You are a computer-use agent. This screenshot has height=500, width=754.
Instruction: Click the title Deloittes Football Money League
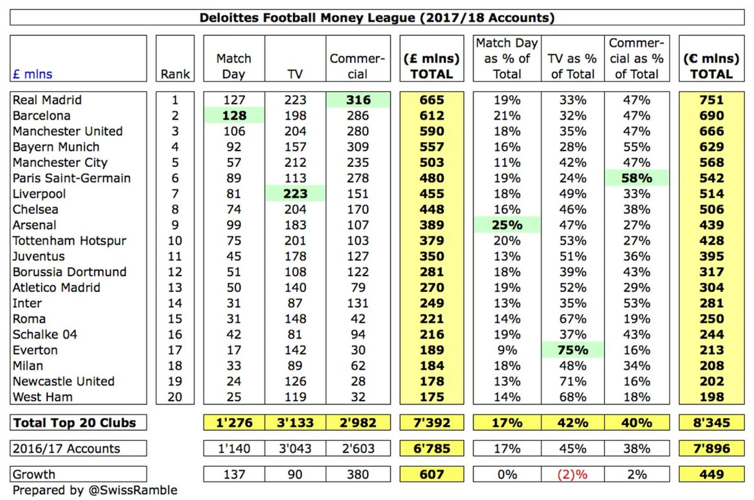[376, 18]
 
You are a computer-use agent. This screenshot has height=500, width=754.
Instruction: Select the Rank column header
[175, 74]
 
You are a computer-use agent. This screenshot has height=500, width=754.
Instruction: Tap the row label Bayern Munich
[56, 147]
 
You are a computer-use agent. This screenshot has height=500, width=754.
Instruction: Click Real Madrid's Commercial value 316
[358, 100]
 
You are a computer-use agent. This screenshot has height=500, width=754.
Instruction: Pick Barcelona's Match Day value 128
[234, 115]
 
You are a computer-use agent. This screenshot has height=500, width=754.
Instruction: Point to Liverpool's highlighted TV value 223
[295, 194]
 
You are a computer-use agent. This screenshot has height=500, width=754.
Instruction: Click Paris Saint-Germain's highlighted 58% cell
[636, 178]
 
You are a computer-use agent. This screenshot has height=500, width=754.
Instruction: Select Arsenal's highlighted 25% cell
[507, 225]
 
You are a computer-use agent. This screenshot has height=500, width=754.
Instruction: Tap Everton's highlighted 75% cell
[572, 350]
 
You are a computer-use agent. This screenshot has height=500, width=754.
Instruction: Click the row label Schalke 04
[45, 334]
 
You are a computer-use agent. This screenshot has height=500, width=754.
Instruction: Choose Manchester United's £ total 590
[432, 131]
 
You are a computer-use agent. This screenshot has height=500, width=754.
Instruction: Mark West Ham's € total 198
[711, 397]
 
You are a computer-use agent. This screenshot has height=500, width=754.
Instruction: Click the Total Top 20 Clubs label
[75, 423]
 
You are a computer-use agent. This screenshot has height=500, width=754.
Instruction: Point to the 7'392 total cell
[432, 423]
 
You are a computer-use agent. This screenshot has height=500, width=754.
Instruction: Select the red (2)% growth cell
[572, 474]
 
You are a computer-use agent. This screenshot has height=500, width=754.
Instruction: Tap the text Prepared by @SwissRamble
[95, 490]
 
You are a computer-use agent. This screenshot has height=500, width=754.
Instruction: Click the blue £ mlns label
[33, 74]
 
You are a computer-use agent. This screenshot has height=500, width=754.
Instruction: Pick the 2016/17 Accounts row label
[66, 448]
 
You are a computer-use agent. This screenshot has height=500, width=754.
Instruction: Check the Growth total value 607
[432, 474]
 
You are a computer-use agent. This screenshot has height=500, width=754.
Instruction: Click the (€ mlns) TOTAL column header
[711, 66]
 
